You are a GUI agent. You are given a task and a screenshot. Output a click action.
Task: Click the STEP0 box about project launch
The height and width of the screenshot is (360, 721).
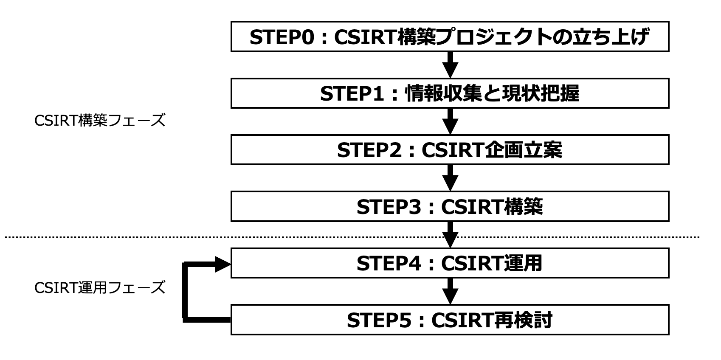450,37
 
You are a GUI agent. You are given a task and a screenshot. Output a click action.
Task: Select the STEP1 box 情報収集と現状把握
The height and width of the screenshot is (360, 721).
450,93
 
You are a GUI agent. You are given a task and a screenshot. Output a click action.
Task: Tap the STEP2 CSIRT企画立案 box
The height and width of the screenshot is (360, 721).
450,150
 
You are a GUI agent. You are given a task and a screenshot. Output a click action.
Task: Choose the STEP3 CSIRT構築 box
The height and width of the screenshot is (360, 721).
450,207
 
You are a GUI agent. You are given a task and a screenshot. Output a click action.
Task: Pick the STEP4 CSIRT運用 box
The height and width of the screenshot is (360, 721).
450,263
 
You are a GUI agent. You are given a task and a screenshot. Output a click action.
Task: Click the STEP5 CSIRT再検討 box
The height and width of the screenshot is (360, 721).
450,320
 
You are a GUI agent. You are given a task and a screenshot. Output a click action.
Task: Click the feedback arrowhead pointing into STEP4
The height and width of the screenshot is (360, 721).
222,264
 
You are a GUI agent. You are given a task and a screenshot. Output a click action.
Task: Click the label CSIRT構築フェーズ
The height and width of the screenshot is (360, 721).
99,121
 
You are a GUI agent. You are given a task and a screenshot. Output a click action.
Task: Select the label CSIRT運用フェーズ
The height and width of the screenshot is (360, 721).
99,288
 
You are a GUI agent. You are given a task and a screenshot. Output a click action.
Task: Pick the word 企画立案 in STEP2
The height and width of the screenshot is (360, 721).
524,150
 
